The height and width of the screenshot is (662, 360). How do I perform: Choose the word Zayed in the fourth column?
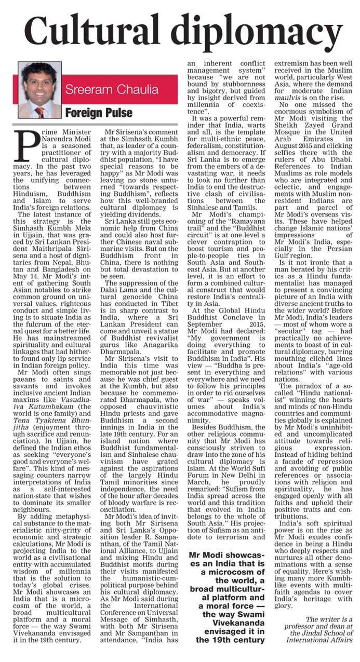tap(308, 125)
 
